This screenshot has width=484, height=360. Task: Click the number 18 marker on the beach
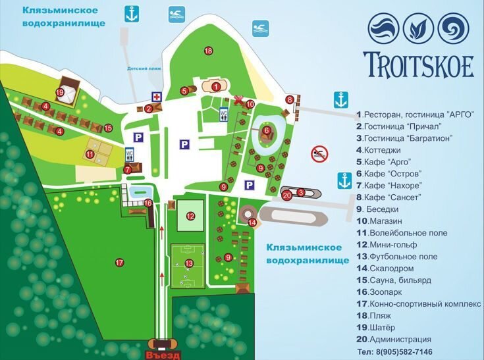(x=208, y=51)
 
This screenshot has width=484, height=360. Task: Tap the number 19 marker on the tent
(x=60, y=93)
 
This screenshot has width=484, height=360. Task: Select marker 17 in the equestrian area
(x=119, y=263)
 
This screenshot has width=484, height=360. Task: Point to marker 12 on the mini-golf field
(x=190, y=215)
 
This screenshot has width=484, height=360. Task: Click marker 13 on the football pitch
(x=189, y=263)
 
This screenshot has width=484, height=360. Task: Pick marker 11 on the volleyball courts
(x=90, y=155)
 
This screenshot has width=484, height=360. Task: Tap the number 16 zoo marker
(x=148, y=203)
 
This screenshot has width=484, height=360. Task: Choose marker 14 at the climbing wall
(x=252, y=222)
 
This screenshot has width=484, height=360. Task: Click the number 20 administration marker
(x=286, y=194)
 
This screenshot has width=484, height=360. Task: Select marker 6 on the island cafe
(x=267, y=130)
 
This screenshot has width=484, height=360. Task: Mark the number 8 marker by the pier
(x=290, y=99)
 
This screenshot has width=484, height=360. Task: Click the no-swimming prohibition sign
(x=319, y=153)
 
